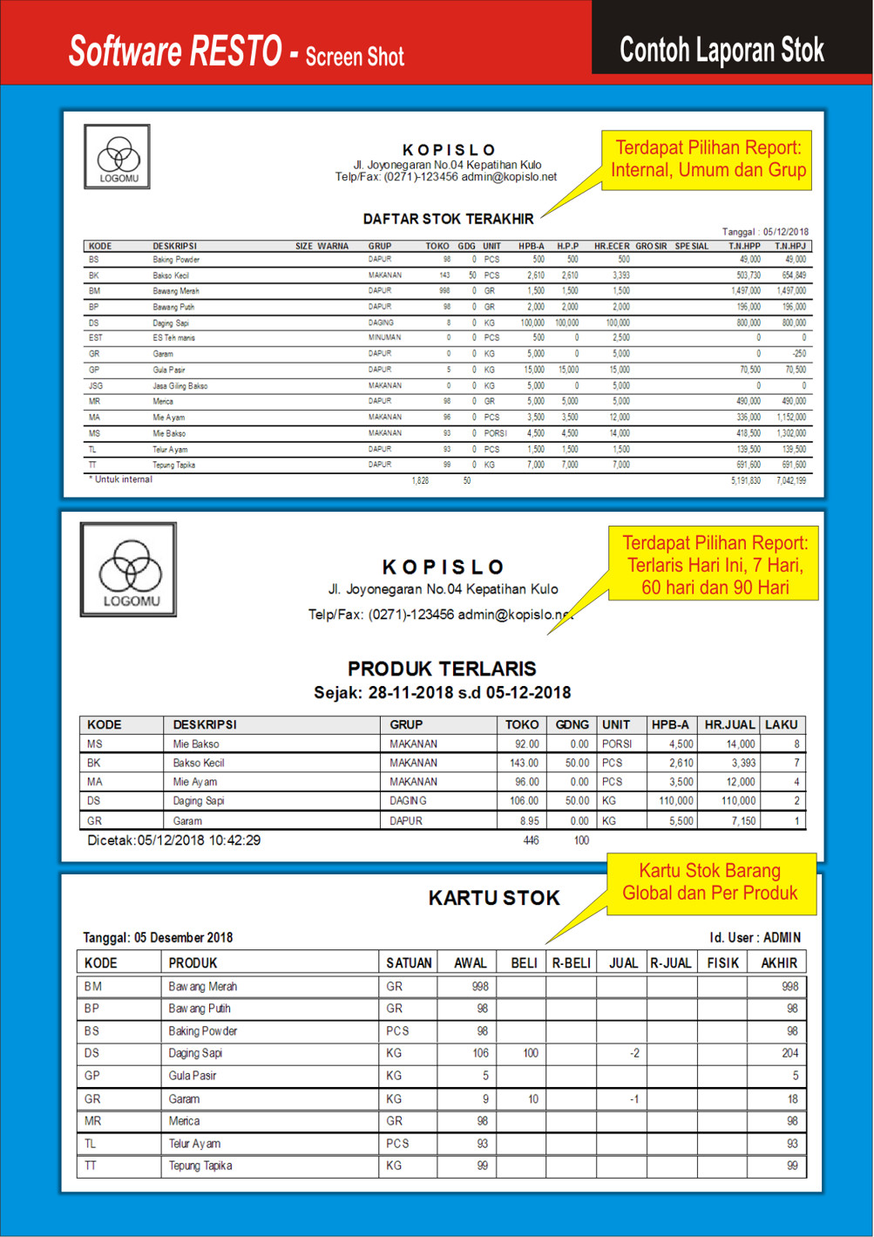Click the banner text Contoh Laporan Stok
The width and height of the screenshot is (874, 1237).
pyautogui.click(x=722, y=50)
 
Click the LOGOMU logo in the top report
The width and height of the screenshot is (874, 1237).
pyautogui.click(x=118, y=158)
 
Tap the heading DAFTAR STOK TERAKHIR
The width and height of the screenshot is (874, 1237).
pyautogui.click(x=448, y=219)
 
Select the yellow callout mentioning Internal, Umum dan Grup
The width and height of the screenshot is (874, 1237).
pyautogui.click(x=708, y=159)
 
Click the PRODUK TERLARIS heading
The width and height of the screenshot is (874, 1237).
pyautogui.click(x=442, y=669)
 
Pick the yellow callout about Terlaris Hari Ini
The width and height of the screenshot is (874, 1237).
pyautogui.click(x=715, y=565)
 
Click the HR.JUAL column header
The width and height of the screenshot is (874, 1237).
pyautogui.click(x=729, y=724)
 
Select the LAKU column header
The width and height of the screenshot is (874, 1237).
pyautogui.click(x=781, y=724)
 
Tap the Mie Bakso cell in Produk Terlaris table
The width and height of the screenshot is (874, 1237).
pyautogui.click(x=196, y=744)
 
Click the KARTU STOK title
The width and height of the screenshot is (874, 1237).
pyautogui.click(x=494, y=898)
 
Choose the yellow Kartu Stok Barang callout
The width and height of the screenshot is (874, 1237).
pyautogui.click(x=710, y=882)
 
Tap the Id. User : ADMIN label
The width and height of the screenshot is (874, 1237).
pyautogui.click(x=755, y=938)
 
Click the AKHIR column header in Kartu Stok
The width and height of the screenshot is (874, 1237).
pyautogui.click(x=778, y=963)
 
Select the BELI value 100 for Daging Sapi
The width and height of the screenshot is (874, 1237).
pyautogui.click(x=531, y=1053)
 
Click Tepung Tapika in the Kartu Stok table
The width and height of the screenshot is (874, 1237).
pyautogui.click(x=200, y=1166)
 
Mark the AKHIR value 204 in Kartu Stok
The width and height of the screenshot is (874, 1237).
pyautogui.click(x=789, y=1053)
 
